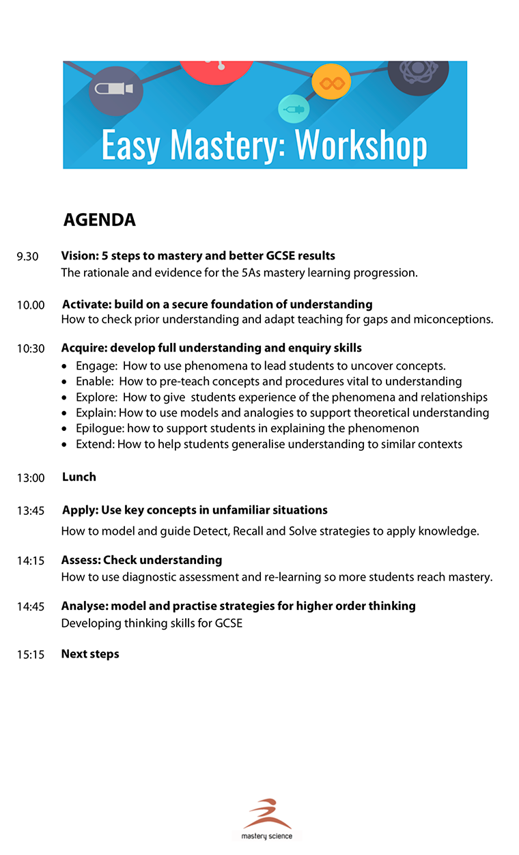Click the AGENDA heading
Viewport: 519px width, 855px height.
point(99,220)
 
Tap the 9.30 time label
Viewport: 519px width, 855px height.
point(28,257)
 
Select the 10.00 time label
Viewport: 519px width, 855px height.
point(31,305)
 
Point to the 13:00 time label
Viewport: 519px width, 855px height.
point(31,478)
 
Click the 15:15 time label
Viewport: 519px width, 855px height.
point(31,655)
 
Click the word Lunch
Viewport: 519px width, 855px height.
point(79,477)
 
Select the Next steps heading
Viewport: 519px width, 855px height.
point(90,654)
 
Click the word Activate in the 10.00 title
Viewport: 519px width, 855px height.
point(85,305)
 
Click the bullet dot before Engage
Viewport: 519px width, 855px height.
point(64,367)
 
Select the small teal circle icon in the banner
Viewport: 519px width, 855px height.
point(294,109)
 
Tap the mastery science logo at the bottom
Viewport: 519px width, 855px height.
point(267,820)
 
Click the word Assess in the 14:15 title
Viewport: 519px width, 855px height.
point(80,560)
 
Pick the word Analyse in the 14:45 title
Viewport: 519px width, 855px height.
point(84,606)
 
